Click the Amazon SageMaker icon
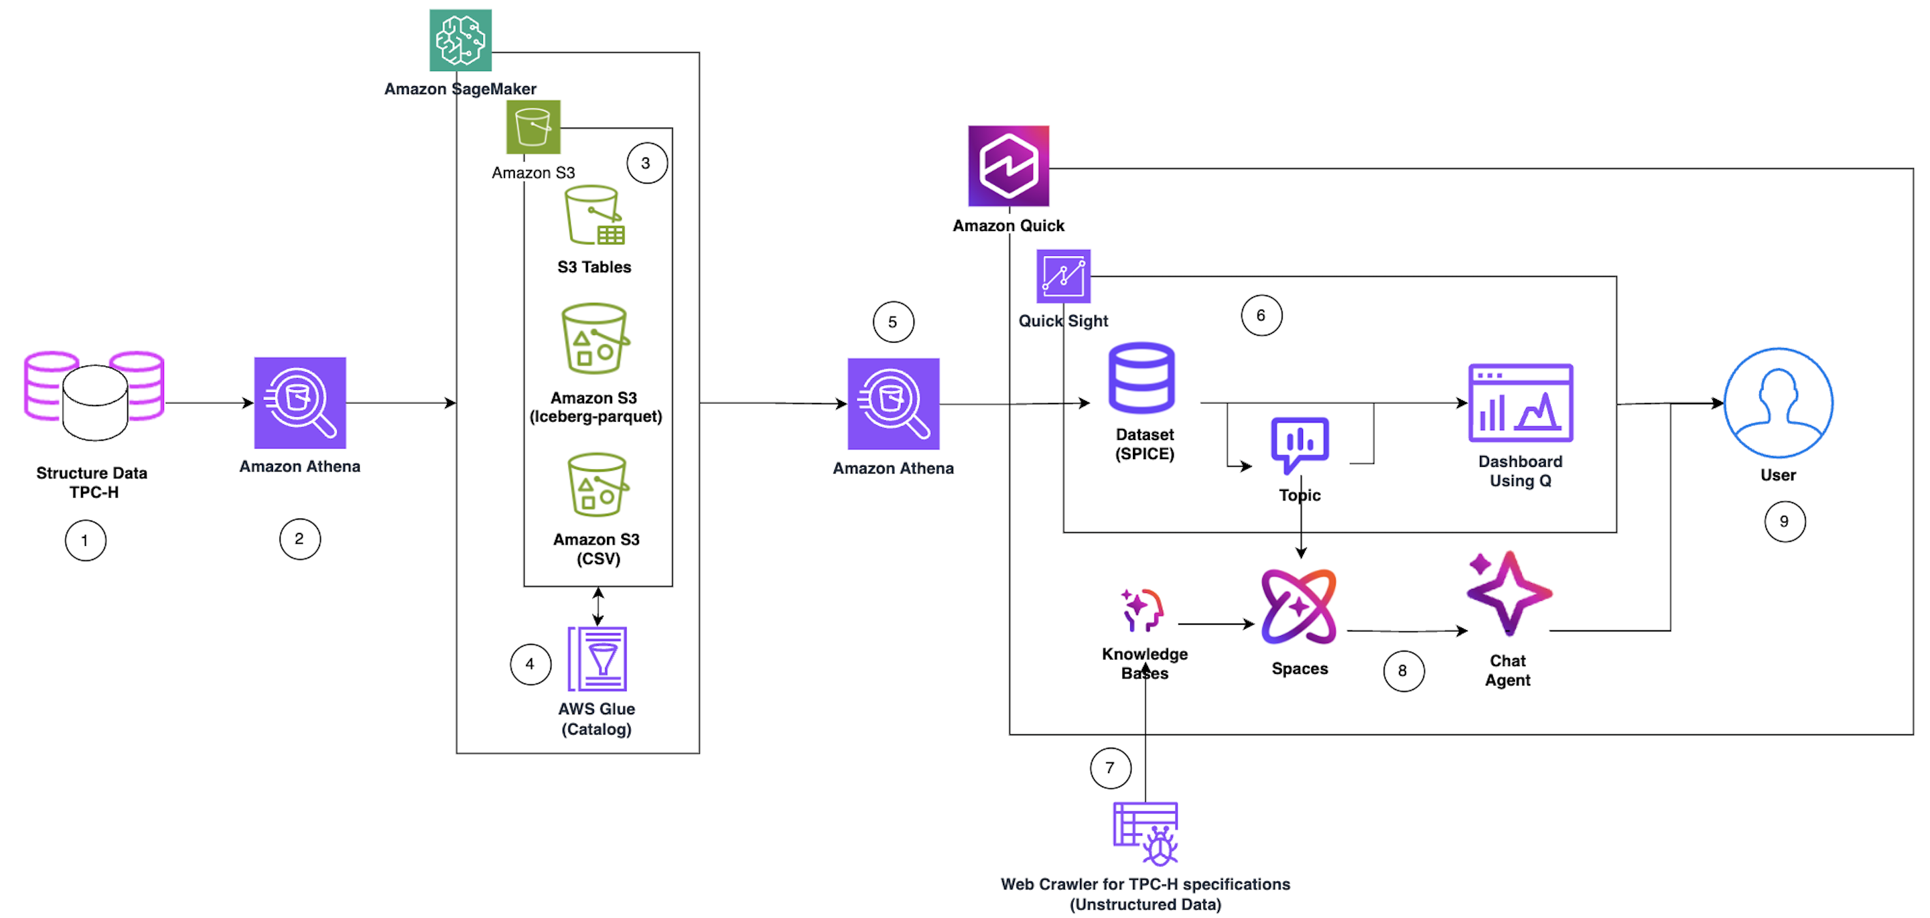click(460, 40)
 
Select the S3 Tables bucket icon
click(594, 215)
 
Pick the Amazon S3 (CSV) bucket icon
click(597, 484)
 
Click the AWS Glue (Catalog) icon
click(597, 659)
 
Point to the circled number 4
click(531, 664)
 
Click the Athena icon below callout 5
click(893, 404)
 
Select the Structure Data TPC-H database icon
click(94, 396)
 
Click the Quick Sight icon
click(1062, 276)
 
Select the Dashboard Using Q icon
click(1520, 404)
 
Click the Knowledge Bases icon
click(1142, 610)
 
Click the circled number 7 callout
click(1109, 767)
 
